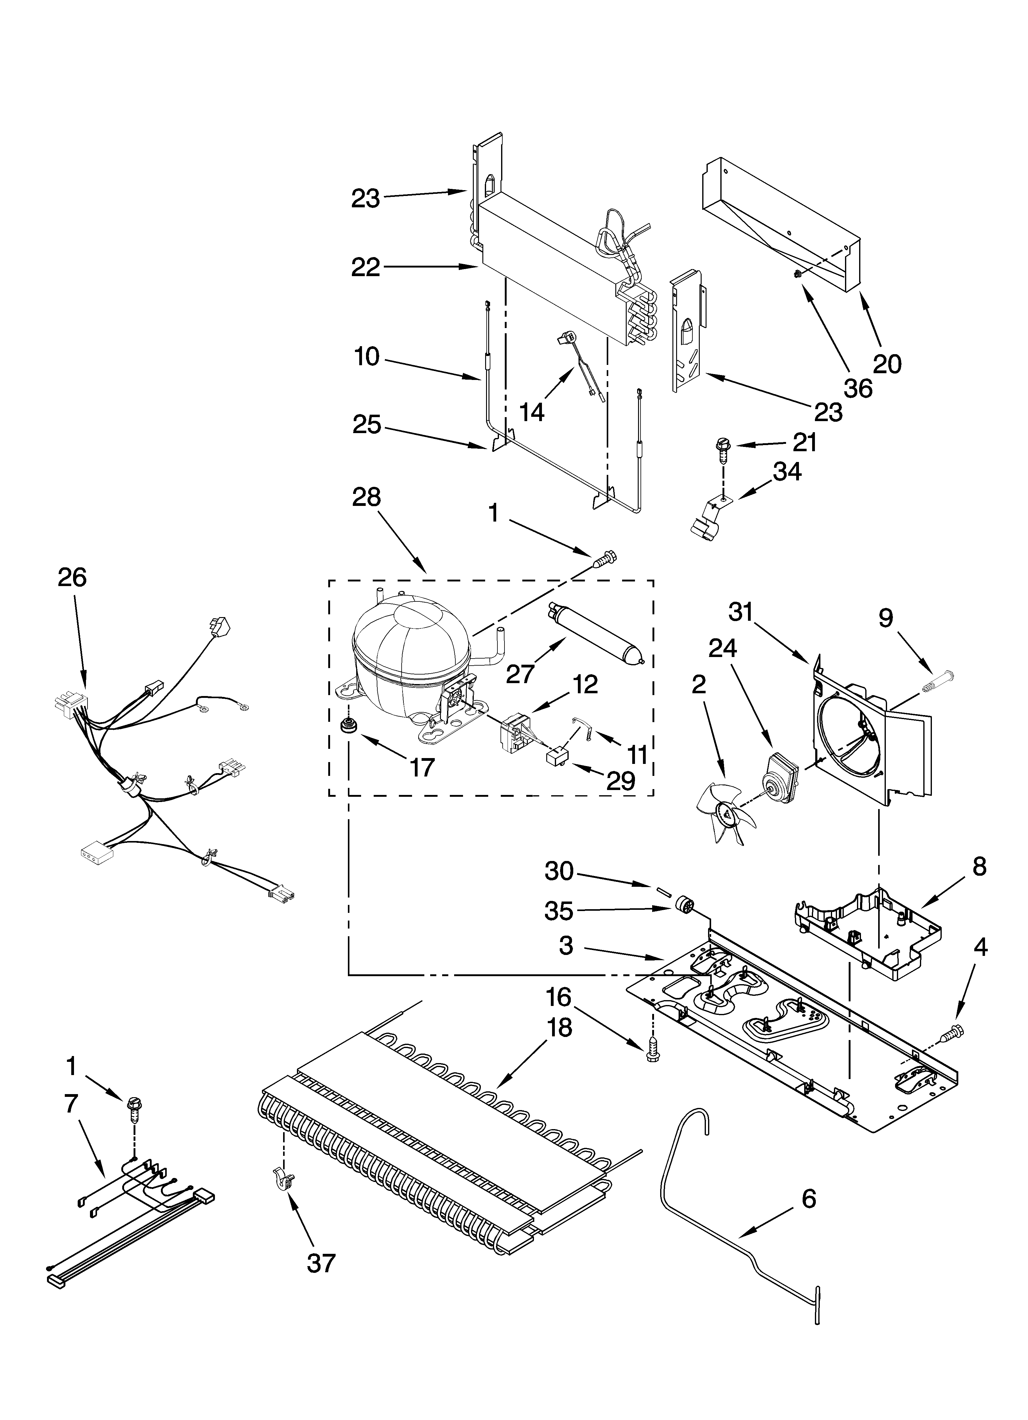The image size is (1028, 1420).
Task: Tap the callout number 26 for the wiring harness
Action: pyautogui.click(x=72, y=577)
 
